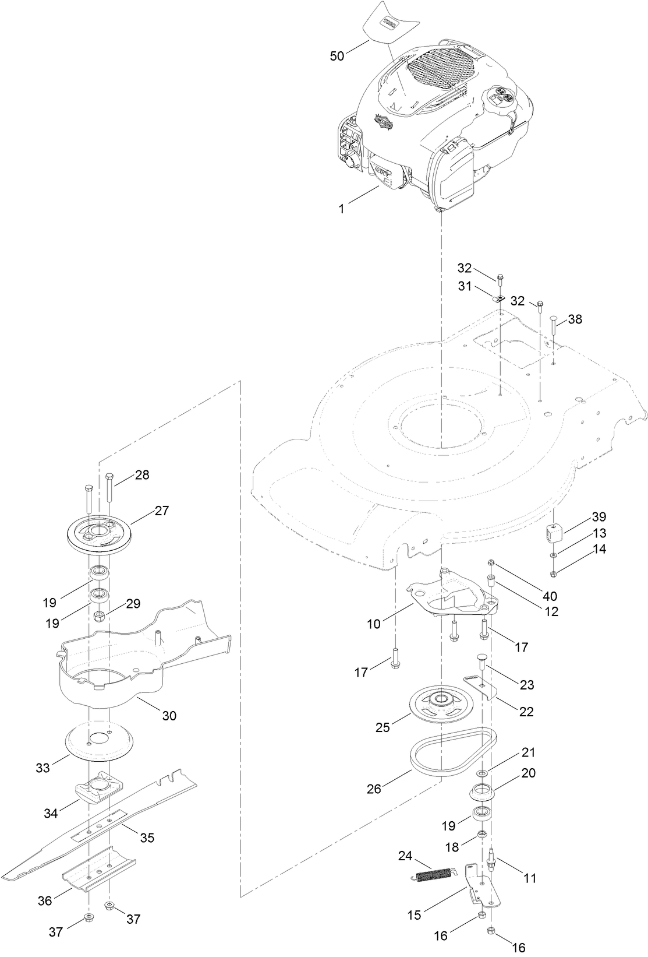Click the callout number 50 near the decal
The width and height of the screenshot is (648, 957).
[337, 56]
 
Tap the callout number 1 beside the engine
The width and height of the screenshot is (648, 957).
[342, 208]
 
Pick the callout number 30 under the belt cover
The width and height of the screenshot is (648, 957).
[169, 715]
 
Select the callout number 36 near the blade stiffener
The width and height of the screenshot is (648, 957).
[45, 900]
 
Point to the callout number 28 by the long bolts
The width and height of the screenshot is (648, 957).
[141, 475]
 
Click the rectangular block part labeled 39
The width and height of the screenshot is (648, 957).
[555, 532]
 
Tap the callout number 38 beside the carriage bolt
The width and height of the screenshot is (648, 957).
[575, 319]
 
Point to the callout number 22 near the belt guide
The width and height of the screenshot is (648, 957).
[526, 712]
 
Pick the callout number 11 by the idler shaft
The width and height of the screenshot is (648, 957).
[530, 878]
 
